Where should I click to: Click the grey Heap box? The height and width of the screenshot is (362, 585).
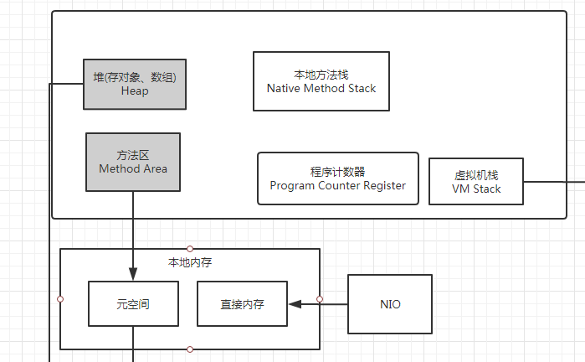pyautogui.click(x=134, y=84)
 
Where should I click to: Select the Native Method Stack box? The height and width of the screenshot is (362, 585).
pyautogui.click(x=321, y=81)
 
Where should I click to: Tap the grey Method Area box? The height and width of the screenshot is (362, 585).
pyautogui.click(x=133, y=162)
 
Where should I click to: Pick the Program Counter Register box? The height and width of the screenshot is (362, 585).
pyautogui.click(x=337, y=178)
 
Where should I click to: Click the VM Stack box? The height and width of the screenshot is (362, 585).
pyautogui.click(x=476, y=182)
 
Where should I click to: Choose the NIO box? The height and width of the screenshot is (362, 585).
pyautogui.click(x=390, y=304)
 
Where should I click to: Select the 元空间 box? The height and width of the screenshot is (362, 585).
pyautogui.click(x=133, y=304)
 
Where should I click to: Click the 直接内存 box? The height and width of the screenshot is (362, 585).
pyautogui.click(x=242, y=304)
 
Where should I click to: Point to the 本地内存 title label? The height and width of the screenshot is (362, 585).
pyautogui.click(x=190, y=262)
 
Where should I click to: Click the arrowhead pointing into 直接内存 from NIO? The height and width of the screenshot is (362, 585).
pyautogui.click(x=294, y=304)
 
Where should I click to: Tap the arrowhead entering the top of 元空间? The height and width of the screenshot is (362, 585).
pyautogui.click(x=133, y=275)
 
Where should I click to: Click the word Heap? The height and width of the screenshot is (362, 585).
pyautogui.click(x=134, y=91)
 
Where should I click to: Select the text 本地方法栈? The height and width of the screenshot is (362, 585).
pyautogui.click(x=321, y=74)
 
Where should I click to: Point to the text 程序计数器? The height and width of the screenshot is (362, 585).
pyautogui.click(x=337, y=171)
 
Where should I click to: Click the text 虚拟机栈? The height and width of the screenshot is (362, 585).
pyautogui.click(x=476, y=175)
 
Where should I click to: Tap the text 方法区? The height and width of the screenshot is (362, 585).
pyautogui.click(x=133, y=155)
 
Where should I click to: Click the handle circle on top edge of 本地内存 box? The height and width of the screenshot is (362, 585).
pyautogui.click(x=190, y=249)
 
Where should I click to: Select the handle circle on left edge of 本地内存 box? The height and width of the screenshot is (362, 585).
pyautogui.click(x=60, y=298)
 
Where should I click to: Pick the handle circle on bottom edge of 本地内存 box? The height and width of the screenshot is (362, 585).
pyautogui.click(x=190, y=349)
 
